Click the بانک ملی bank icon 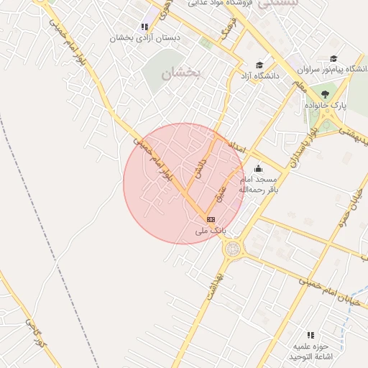coord(211,219)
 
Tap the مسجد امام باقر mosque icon coord(259,169)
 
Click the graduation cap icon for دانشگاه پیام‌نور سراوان coord(333,59)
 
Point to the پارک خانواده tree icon coord(325,94)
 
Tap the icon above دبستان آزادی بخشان coord(144,27)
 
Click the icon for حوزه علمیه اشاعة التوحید coord(310,335)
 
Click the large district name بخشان coord(178,73)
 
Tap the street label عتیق coord(221,191)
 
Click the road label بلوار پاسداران coord(300,143)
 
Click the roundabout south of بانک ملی coord(233,249)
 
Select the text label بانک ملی coord(211,231)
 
